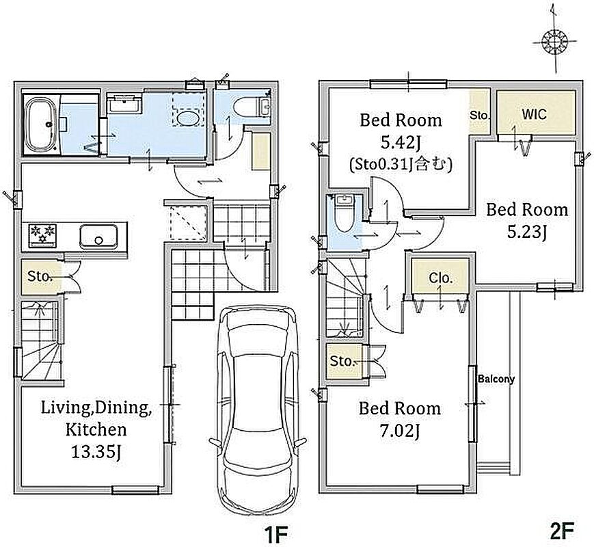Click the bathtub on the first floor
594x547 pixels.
tap(40, 124)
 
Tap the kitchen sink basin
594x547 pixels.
tap(98, 237)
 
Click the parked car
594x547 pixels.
tap(257, 410)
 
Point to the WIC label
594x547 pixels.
tap(534, 114)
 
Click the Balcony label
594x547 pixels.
tap(496, 379)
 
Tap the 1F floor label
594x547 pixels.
tap(276, 532)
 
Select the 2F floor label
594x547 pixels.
tap(562, 531)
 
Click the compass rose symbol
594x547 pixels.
tap(554, 41)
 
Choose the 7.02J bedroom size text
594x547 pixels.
tap(400, 431)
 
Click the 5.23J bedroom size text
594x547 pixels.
tap(527, 232)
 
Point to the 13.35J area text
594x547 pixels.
tap(96, 452)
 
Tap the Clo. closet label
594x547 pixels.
tap(441, 278)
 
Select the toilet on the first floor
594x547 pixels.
tap(252, 107)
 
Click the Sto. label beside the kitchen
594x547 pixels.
tap(40, 276)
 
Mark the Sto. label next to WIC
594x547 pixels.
tap(480, 115)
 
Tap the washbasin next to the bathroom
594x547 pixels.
tap(124, 103)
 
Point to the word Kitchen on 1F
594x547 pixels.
tap(96, 430)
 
